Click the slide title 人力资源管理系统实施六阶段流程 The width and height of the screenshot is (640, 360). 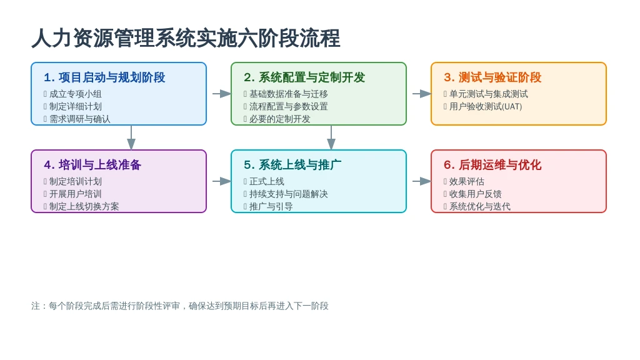point(186,38)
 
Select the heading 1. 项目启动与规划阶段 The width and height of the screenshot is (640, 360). point(104,77)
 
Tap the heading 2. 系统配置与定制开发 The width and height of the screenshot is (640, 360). point(304,77)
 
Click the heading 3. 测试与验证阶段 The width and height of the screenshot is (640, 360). point(492,77)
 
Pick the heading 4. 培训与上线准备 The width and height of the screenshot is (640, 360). point(92,164)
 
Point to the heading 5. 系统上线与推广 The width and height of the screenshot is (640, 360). point(292,164)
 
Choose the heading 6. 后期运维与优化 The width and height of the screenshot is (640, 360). point(492,164)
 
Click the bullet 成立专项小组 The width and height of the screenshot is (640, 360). point(76,94)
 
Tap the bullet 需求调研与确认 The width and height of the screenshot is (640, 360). point(80,119)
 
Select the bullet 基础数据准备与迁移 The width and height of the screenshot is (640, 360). point(289,94)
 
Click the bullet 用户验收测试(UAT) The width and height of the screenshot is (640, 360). point(486,106)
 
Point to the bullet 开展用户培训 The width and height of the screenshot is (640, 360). point(76,194)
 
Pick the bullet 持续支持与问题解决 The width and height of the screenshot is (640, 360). point(289,194)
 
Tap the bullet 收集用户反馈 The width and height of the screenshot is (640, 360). point(476,194)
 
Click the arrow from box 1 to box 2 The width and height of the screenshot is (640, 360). point(222,94)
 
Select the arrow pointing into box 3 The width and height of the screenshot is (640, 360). point(422,94)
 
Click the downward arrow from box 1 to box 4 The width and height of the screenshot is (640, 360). point(131,137)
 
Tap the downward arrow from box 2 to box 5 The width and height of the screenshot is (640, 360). point(331,137)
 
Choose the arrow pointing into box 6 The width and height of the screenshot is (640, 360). point(422,181)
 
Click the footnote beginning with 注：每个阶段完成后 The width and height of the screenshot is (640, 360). point(180,306)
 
